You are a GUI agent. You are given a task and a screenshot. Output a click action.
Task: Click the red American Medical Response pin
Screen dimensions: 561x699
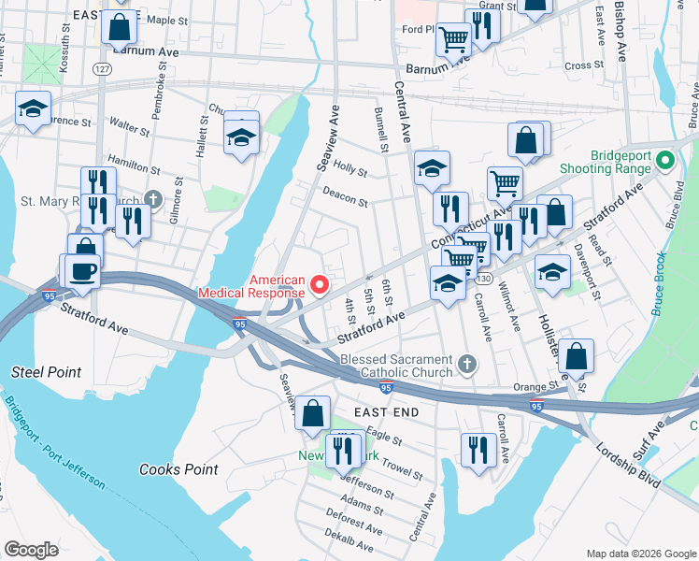click(x=320, y=283)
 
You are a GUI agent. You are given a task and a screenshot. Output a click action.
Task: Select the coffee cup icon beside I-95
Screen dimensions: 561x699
click(x=82, y=270)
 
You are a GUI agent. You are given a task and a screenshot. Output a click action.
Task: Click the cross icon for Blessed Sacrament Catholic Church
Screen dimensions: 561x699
click(x=468, y=362)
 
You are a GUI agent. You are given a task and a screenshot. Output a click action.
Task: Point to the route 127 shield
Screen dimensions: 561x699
click(x=103, y=69)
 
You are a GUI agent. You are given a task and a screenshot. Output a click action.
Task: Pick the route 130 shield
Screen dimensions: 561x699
click(x=482, y=280)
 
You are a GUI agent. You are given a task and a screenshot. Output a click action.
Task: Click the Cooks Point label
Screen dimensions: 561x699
click(x=178, y=469)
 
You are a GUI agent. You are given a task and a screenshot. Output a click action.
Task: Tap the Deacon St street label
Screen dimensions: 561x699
click(x=345, y=195)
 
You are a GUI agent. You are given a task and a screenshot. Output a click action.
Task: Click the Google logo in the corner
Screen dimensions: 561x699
click(x=32, y=549)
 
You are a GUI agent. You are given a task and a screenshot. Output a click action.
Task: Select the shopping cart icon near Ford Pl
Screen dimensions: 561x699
click(x=453, y=38)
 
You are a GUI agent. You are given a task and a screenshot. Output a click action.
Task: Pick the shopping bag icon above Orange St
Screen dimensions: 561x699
click(x=577, y=355)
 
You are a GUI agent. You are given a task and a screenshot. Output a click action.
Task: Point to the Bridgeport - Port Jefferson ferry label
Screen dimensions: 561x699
click(x=54, y=444)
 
